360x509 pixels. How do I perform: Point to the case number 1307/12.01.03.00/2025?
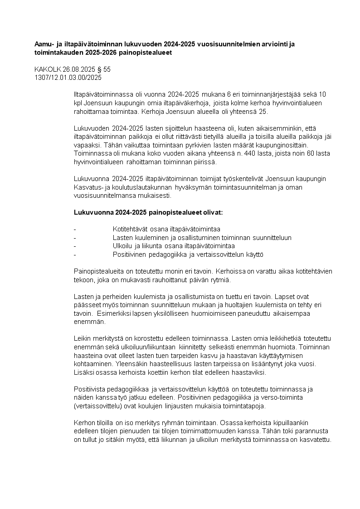(x=68, y=78)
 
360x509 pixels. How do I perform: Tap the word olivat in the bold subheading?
(x=213, y=212)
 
